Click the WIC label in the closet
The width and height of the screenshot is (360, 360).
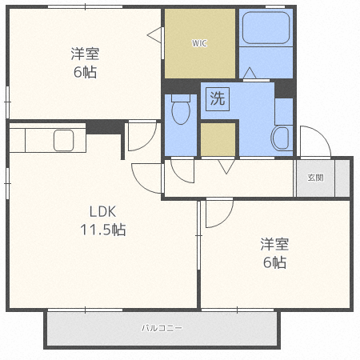[x=199, y=43]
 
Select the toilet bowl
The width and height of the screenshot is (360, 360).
[x=179, y=111]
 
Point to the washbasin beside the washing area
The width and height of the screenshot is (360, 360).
[x=282, y=138]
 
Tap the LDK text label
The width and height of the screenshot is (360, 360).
[x=102, y=212]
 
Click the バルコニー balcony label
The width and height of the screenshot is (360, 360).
[x=162, y=329]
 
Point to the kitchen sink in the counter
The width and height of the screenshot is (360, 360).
[x=63, y=140]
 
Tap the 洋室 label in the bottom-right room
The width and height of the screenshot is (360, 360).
[x=274, y=244]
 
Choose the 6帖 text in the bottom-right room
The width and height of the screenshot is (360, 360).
[x=274, y=262]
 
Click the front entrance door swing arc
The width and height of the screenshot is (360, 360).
[x=314, y=141]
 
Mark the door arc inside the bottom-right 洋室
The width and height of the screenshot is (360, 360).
[x=218, y=214]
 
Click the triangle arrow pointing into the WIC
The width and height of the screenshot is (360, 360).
[x=154, y=34]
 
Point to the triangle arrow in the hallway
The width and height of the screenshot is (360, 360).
[x=225, y=166]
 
